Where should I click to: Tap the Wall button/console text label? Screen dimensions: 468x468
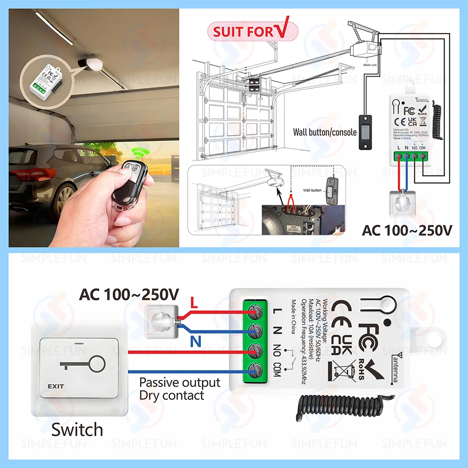tap(325, 132)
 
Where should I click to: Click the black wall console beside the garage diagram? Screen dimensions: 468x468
tap(365, 132)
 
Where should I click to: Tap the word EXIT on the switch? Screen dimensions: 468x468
tap(55, 387)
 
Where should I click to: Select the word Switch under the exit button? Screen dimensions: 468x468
tap(77, 429)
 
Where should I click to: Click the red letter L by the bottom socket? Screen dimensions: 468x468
tap(194, 305)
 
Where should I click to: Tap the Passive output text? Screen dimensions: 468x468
tap(180, 382)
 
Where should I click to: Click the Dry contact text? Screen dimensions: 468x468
tap(172, 395)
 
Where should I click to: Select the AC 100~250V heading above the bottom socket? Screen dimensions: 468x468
tap(129, 295)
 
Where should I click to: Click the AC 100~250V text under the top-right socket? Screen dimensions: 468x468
tap(407, 231)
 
